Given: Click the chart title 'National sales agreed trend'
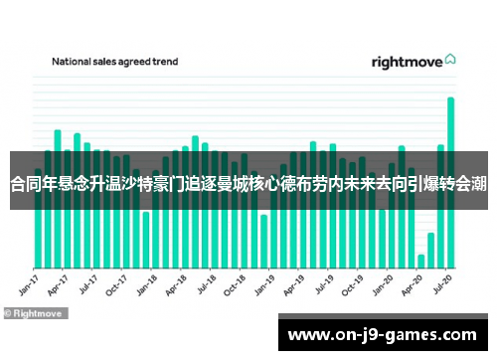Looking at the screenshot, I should tap(114, 62).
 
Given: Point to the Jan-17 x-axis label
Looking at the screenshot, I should tap(29, 284).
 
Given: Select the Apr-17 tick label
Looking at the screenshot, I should tap(58, 284).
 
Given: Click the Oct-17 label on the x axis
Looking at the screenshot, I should tap(116, 284).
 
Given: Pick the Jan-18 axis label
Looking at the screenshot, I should tap(146, 284).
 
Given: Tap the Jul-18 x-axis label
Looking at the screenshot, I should tap(206, 284).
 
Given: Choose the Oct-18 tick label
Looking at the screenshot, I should tap(235, 284).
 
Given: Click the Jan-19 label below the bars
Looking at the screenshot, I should tap(264, 284).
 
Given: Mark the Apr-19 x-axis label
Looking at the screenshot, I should tap(293, 284).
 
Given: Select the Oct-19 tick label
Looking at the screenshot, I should tap(352, 284).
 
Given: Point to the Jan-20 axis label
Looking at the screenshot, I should tap(382, 284).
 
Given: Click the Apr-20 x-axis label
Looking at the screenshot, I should tap(412, 284).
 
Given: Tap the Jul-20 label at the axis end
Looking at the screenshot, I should tap(442, 284).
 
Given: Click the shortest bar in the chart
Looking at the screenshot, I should tap(421, 261).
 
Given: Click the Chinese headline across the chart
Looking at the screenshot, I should tap(248, 183).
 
